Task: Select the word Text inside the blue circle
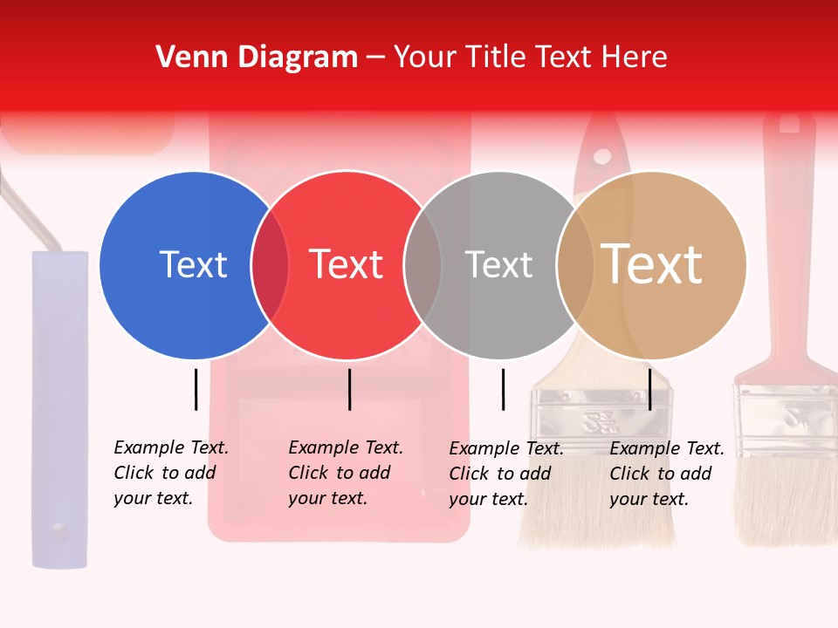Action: [193, 265]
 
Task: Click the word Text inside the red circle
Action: [347, 265]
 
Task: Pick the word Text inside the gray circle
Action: [498, 265]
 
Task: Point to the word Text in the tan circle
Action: [652, 265]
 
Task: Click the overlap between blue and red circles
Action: [271, 265]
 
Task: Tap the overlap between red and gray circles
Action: [423, 265]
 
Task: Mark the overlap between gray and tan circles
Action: [575, 265]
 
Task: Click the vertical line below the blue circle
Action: [196, 389]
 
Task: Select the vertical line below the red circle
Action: [349, 389]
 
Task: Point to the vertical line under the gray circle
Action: [503, 389]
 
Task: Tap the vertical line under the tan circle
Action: [649, 389]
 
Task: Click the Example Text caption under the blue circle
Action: [171, 473]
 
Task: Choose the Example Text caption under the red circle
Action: [346, 473]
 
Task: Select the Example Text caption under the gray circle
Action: [506, 474]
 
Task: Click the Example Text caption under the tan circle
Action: [667, 474]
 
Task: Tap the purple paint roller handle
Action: [60, 410]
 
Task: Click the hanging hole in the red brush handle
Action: [602, 157]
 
